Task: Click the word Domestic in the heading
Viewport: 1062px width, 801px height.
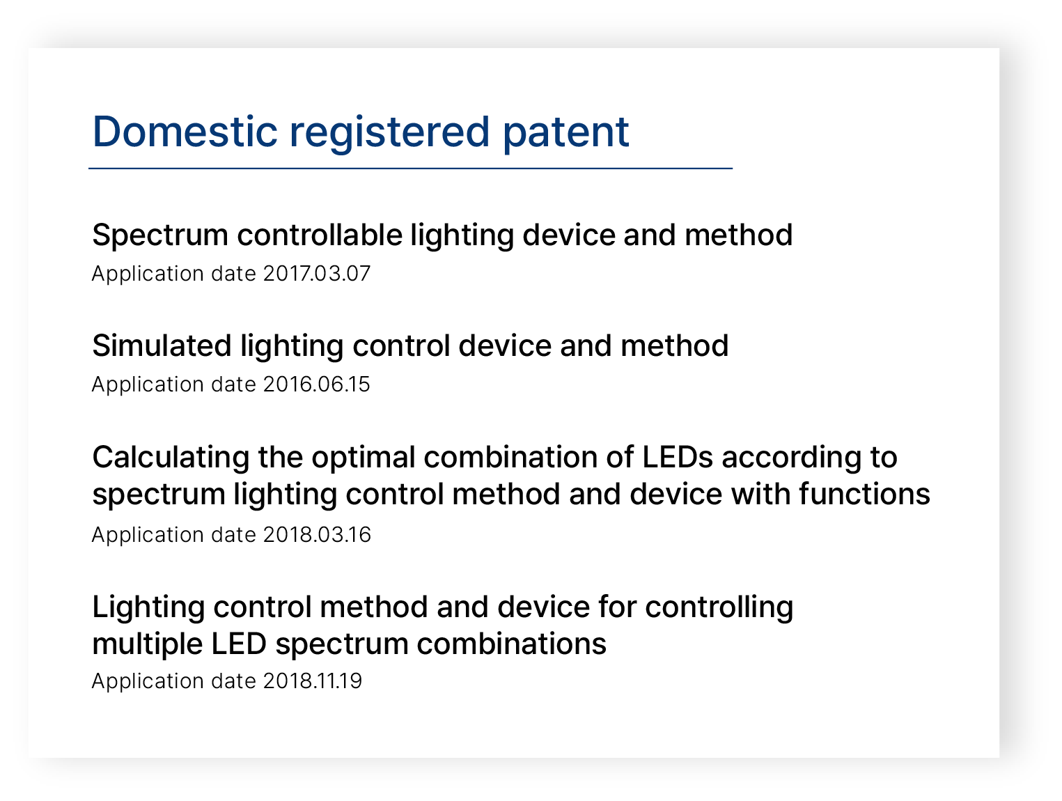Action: (185, 132)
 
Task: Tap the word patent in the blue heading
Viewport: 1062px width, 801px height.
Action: (565, 134)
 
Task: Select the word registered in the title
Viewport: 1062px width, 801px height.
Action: (389, 134)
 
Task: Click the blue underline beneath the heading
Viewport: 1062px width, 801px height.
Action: (410, 169)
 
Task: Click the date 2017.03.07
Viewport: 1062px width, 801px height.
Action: (316, 274)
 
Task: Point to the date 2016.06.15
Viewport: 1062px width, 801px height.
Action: (316, 384)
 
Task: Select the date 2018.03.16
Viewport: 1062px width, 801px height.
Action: (317, 535)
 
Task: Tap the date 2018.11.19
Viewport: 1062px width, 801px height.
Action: (313, 681)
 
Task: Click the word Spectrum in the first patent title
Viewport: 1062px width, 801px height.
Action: (160, 237)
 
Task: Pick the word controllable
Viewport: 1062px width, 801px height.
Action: (320, 235)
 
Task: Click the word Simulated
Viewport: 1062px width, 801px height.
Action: (162, 346)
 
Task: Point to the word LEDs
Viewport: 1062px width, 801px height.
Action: (678, 458)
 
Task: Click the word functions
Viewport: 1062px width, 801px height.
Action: (865, 495)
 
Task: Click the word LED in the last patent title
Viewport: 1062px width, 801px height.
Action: (239, 644)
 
